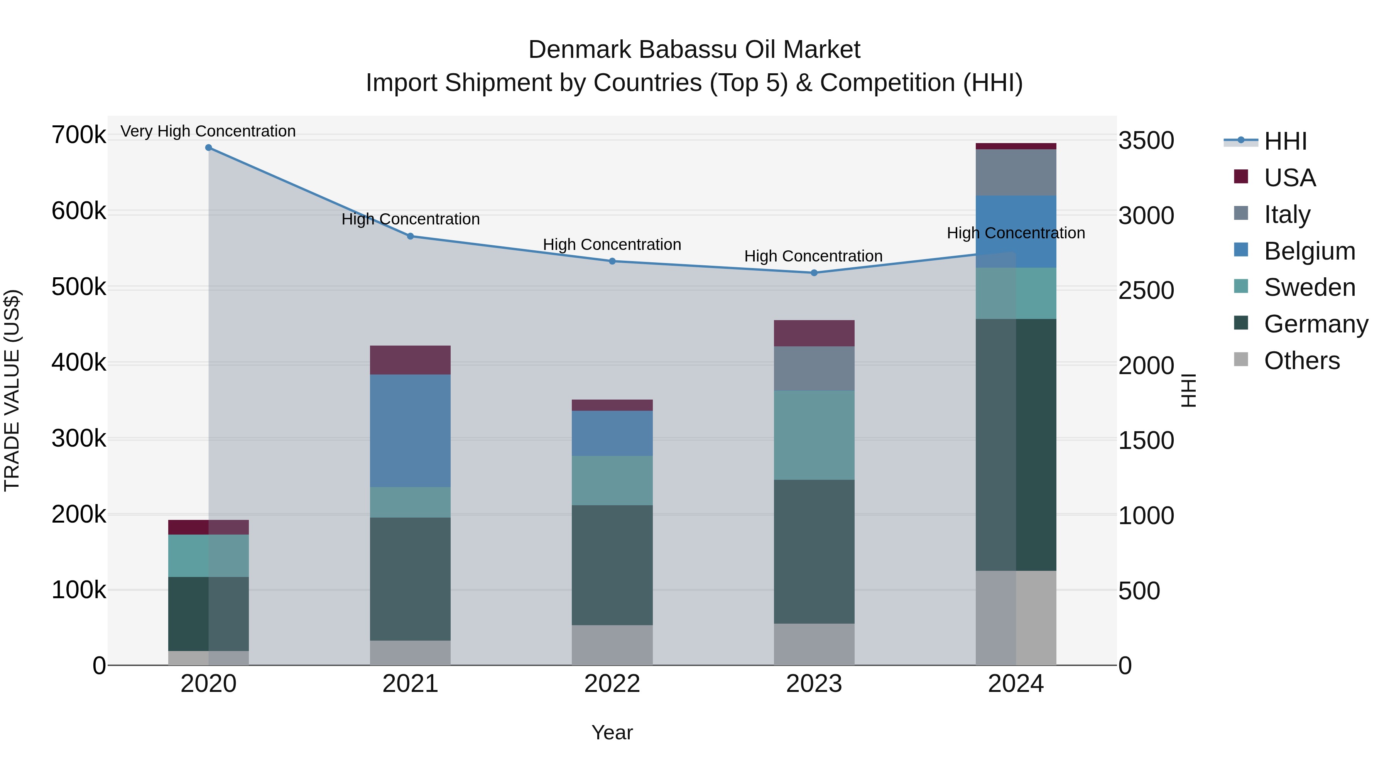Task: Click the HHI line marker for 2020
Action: pos(209,148)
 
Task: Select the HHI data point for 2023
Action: pos(814,273)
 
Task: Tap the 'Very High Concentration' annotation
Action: pos(208,131)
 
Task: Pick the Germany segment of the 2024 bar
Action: pos(1016,444)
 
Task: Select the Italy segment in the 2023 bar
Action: pos(814,368)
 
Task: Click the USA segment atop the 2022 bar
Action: pos(612,405)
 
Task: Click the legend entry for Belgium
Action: pos(1309,251)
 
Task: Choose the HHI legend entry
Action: pos(1285,141)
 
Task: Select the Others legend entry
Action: pos(1301,361)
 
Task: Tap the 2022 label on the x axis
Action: pos(612,684)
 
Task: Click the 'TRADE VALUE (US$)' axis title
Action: pos(12,390)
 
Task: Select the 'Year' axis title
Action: pos(612,732)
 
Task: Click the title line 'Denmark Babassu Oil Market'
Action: pos(694,50)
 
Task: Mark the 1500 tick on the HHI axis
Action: pos(1146,440)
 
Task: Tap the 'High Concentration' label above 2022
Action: pos(612,244)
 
